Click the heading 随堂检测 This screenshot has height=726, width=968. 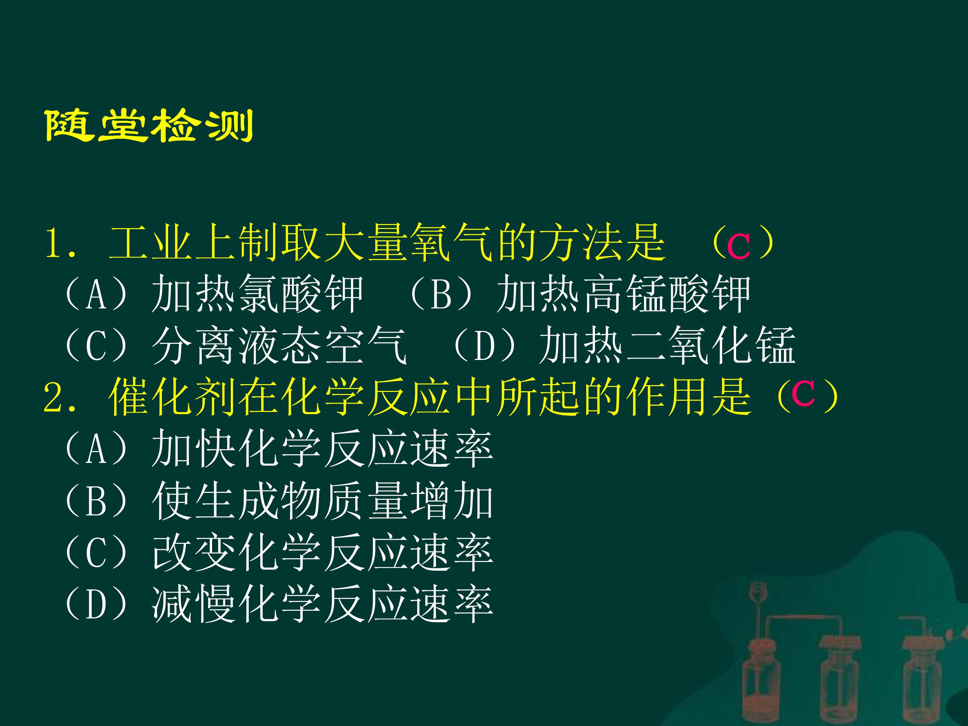[x=149, y=126]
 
